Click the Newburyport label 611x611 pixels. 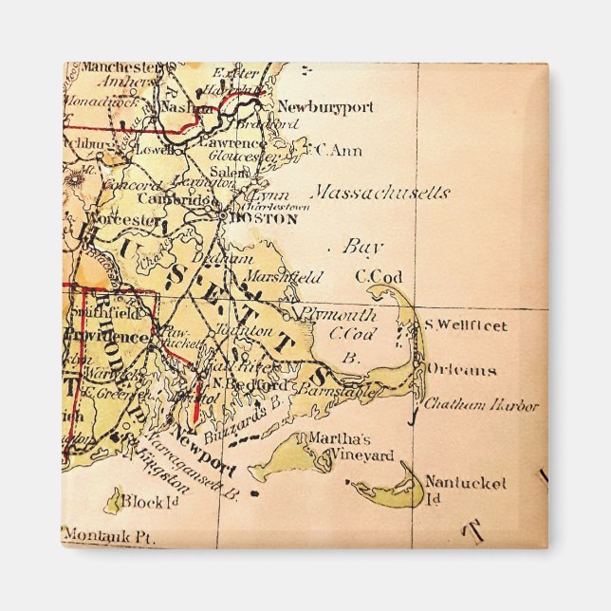click(x=325, y=108)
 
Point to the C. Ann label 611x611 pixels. click(x=339, y=150)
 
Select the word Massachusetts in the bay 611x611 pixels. click(x=381, y=193)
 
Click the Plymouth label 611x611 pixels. click(x=338, y=314)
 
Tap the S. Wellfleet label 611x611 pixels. click(x=466, y=326)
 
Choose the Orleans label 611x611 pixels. click(x=461, y=369)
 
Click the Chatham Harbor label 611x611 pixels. click(x=481, y=405)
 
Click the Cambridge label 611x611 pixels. click(x=177, y=200)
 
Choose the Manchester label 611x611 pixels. click(x=120, y=68)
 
